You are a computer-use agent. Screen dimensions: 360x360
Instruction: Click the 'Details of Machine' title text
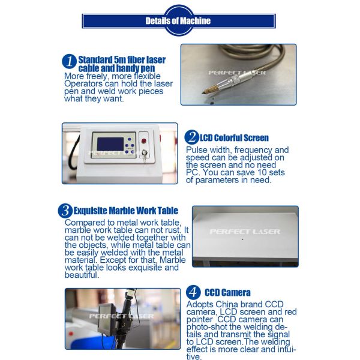click(178, 21)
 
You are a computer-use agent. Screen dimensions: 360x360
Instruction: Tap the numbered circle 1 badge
click(69, 61)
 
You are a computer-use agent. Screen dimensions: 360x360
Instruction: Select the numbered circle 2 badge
click(191, 137)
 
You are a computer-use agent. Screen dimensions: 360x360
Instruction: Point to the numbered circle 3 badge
click(65, 211)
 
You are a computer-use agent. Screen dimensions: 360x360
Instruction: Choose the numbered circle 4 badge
click(193, 293)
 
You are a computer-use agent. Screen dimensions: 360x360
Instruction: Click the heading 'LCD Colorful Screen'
click(234, 138)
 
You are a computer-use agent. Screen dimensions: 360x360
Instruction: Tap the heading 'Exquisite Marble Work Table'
click(126, 211)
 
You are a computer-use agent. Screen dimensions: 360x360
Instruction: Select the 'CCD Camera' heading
click(227, 293)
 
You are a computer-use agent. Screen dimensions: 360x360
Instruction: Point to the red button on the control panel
click(144, 141)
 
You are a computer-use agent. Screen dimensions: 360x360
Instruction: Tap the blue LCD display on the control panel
click(110, 144)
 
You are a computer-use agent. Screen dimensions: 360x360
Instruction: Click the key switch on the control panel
click(145, 153)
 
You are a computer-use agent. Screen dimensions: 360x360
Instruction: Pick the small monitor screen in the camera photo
click(107, 319)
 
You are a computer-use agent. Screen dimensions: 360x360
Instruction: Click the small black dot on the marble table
click(242, 239)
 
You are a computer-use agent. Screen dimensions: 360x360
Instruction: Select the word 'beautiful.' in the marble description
click(82, 275)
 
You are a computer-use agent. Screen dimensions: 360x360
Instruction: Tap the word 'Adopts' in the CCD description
click(200, 305)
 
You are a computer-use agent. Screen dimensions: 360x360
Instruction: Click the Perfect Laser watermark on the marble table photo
click(245, 232)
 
